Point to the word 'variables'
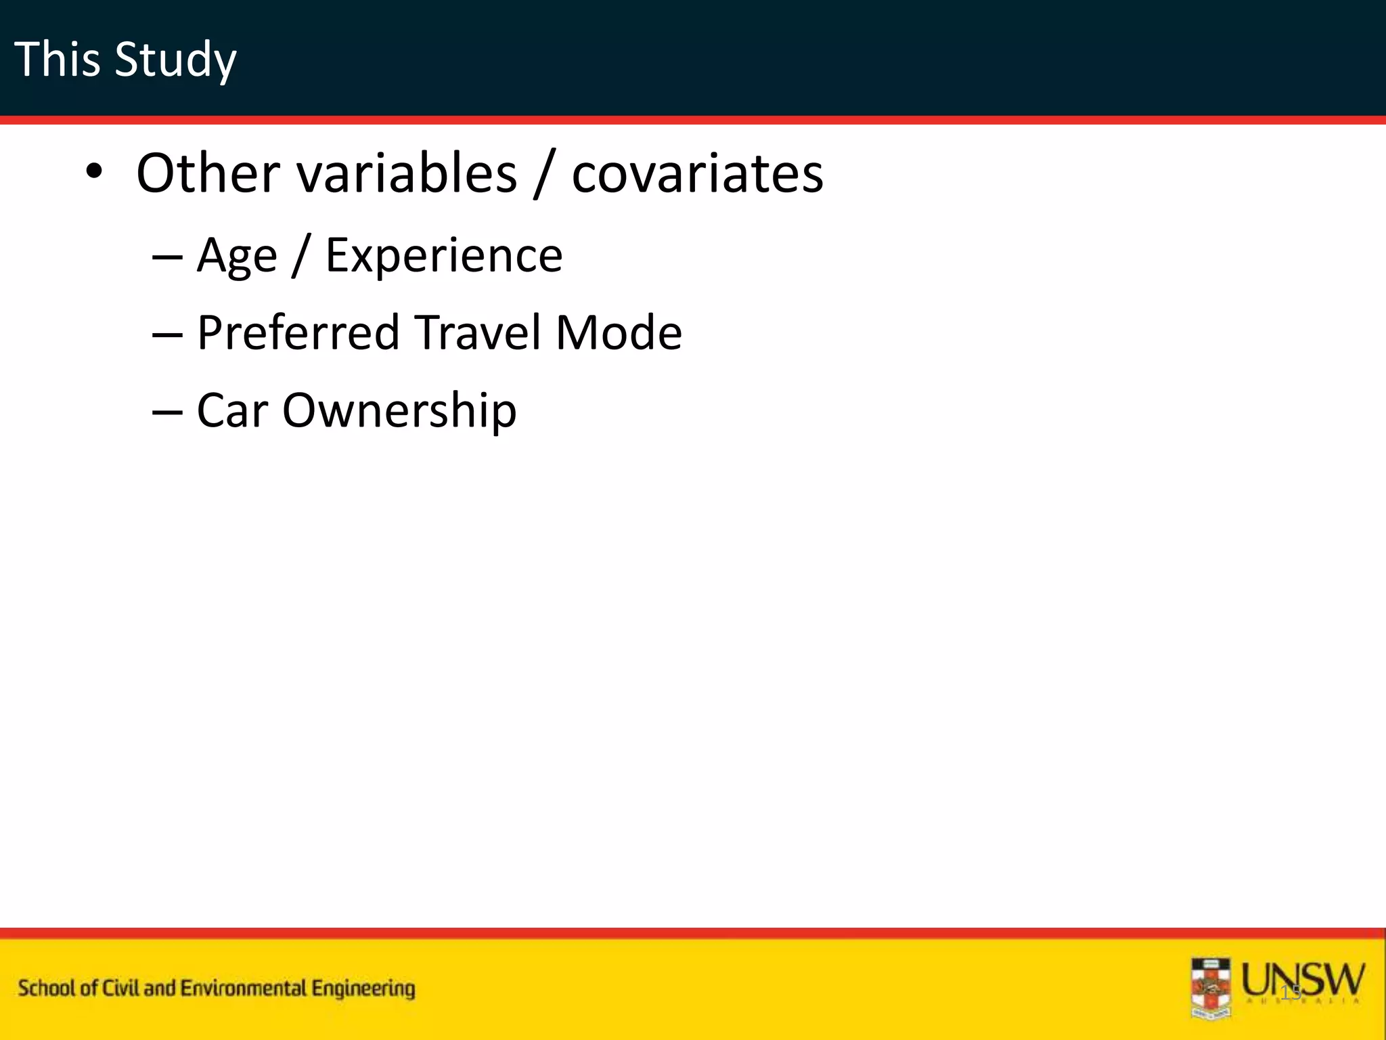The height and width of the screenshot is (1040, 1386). pyautogui.click(x=407, y=173)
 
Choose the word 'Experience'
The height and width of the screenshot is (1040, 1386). pyautogui.click(x=443, y=256)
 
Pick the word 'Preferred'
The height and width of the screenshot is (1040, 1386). pyautogui.click(x=298, y=333)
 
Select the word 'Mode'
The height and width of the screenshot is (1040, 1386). pyautogui.click(x=618, y=333)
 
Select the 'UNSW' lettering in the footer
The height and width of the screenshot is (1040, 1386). pyautogui.click(x=1303, y=980)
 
